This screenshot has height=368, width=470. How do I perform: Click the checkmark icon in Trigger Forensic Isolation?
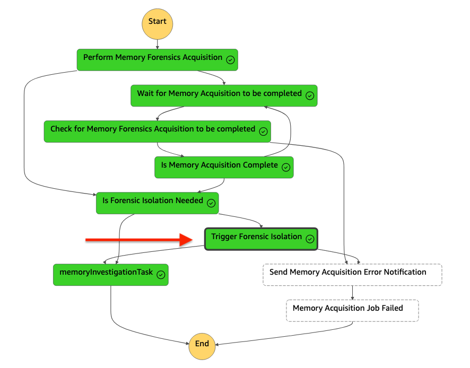tap(310, 239)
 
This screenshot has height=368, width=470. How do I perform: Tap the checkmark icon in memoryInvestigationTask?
tap(161, 275)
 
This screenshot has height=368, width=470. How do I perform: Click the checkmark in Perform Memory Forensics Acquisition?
tap(230, 60)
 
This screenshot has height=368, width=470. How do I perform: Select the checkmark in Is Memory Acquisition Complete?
tap(286, 167)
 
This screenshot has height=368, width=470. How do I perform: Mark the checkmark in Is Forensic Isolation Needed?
tap(211, 203)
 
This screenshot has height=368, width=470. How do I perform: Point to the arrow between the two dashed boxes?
tap(352, 293)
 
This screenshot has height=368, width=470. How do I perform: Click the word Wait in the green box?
tap(146, 94)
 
